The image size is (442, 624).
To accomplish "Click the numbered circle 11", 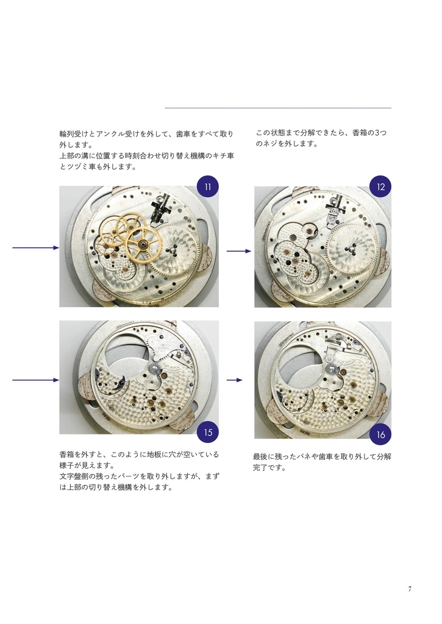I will (x=207, y=187).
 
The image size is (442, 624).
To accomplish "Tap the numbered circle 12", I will (x=380, y=187).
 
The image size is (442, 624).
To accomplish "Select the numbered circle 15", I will (x=208, y=433).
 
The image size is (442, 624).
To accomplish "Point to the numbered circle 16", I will (x=380, y=434).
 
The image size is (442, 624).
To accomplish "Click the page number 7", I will (x=410, y=589).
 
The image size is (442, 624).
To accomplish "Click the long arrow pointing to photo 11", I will (x=35, y=248).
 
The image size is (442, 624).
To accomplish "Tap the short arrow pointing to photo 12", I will (x=238, y=250).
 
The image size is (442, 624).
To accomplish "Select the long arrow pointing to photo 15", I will (x=35, y=380).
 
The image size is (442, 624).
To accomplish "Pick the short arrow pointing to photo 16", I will (x=234, y=380).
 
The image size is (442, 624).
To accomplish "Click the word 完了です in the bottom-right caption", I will (x=269, y=467).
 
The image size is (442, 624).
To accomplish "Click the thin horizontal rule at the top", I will (x=277, y=108).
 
